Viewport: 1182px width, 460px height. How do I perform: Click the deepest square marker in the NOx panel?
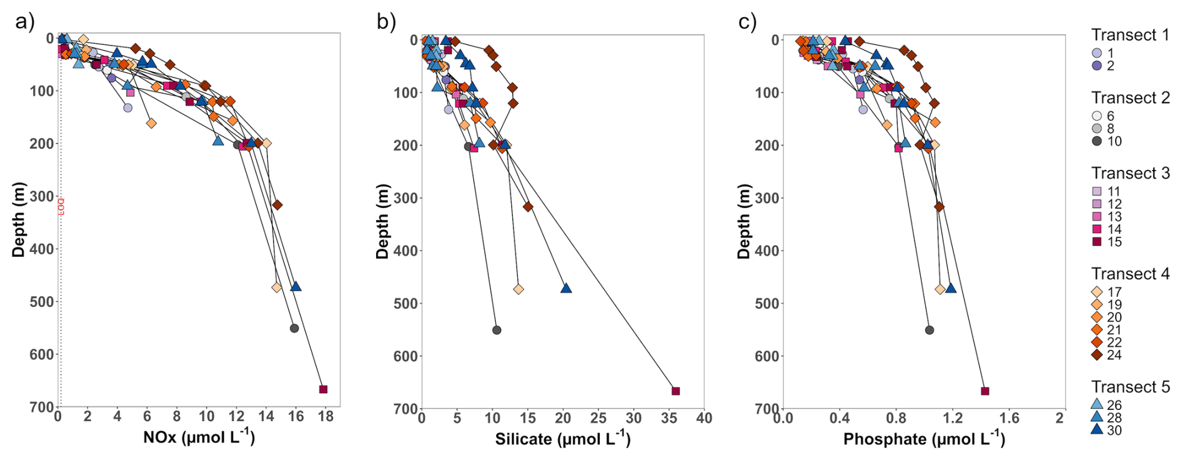(323, 389)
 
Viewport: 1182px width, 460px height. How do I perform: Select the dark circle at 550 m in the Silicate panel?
(497, 330)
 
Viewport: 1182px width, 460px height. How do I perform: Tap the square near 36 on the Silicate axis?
(675, 391)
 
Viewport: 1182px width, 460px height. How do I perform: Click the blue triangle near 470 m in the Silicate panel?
(566, 288)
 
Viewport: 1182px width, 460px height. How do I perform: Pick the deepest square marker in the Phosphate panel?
(985, 391)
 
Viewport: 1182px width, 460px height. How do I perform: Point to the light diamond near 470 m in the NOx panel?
(277, 287)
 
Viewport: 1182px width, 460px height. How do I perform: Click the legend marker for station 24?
(1097, 355)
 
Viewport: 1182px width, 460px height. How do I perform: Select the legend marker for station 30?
(1097, 430)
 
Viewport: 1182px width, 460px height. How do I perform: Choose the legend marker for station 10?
(1097, 141)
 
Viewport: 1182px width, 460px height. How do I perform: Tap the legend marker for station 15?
(1097, 242)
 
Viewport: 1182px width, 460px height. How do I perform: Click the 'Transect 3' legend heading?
(1130, 173)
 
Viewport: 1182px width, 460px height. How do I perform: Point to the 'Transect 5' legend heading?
(1130, 387)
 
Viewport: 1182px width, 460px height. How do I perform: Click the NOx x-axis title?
(199, 437)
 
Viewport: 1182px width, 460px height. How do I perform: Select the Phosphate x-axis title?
(924, 439)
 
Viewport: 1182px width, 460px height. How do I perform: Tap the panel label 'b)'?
(386, 22)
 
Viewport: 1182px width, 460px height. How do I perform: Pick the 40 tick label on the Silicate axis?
(704, 418)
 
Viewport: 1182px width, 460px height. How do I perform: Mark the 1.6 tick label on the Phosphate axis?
(1009, 418)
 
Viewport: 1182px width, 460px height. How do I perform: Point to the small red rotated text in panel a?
(61, 207)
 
